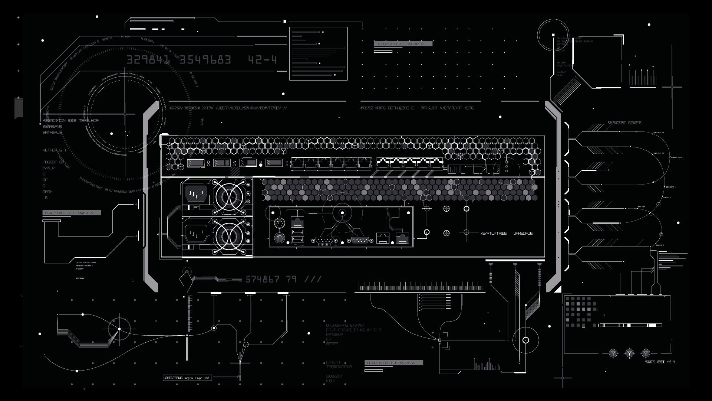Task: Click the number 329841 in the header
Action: (x=148, y=60)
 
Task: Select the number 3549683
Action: (x=205, y=60)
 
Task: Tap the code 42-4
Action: (x=263, y=60)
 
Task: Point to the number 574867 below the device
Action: (x=263, y=279)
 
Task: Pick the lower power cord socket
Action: (x=196, y=233)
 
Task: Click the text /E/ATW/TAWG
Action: (x=494, y=234)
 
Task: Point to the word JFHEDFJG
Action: (x=523, y=234)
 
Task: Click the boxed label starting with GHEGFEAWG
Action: (x=188, y=378)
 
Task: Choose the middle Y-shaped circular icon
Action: (x=629, y=353)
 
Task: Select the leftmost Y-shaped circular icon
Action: (x=613, y=353)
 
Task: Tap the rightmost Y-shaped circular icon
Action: (x=646, y=353)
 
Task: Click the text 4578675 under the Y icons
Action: (x=652, y=362)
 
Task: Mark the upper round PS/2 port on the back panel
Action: (x=279, y=224)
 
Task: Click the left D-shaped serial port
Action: (x=325, y=240)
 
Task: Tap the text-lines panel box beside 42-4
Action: (x=318, y=53)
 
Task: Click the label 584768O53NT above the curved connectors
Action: (x=617, y=123)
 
